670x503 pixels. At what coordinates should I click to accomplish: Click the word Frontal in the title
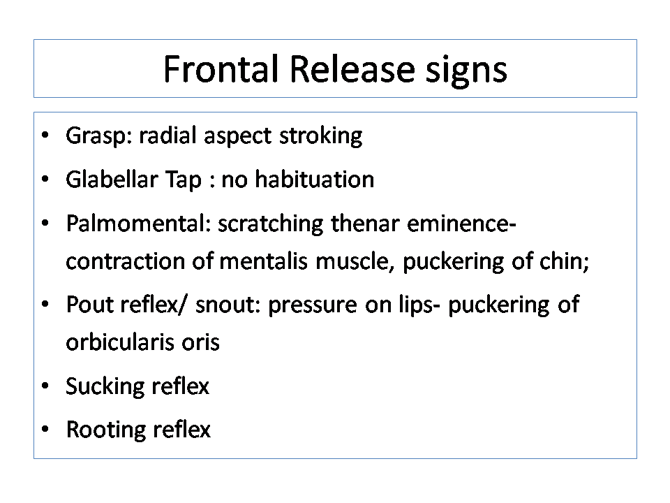point(221,69)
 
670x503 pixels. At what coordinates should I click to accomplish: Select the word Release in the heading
point(352,69)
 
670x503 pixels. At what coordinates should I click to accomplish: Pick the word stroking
point(320,137)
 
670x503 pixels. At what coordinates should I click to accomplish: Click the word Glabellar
point(112,179)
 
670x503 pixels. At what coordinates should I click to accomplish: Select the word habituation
point(315,179)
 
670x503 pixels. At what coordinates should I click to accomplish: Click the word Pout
point(90,305)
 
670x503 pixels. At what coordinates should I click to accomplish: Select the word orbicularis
point(120,342)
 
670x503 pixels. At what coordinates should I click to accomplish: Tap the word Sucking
point(105,387)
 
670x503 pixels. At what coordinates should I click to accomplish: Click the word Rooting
point(106,430)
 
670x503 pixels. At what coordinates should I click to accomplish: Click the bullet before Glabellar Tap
point(45,179)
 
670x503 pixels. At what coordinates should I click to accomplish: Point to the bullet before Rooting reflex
point(45,429)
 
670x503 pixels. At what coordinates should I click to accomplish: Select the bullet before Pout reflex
point(45,305)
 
